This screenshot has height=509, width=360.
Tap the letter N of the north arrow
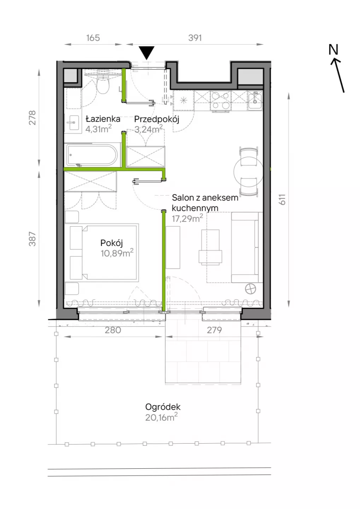click(333, 49)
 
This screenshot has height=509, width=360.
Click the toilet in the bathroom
click(103, 83)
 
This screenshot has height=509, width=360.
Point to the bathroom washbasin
click(73, 123)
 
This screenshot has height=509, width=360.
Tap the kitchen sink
click(255, 100)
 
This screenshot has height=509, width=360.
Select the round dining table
click(248, 171)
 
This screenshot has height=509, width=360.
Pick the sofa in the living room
click(247, 247)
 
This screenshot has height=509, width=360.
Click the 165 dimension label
click(93, 38)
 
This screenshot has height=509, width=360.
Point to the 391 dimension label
click(195, 38)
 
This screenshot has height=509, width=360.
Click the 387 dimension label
click(32, 239)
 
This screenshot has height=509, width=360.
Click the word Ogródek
click(163, 407)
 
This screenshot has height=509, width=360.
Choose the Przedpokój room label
click(157, 119)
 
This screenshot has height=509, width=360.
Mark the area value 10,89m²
click(117, 253)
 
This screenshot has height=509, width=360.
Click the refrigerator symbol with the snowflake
click(184, 100)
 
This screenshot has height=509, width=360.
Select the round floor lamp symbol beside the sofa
click(250, 289)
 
